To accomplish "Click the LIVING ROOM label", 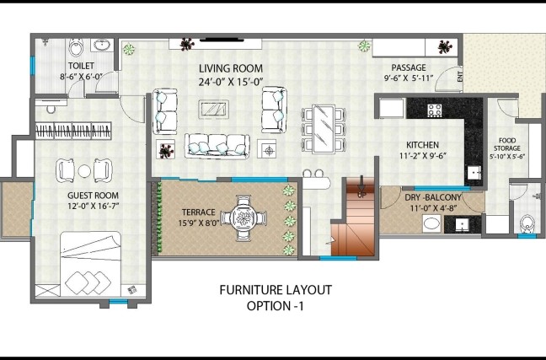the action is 231,68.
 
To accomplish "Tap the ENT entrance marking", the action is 460,77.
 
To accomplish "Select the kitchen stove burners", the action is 435,110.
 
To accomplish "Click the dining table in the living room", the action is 324,129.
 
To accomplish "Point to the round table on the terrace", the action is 244,218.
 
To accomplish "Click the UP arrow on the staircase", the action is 361,184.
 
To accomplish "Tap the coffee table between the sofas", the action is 214,109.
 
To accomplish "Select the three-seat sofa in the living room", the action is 217,146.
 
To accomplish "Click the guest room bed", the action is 90,265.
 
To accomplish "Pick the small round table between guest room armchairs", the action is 84,171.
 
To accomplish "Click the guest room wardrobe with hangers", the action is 73,131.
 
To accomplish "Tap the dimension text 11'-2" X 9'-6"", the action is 423,156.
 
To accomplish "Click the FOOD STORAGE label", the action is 507,144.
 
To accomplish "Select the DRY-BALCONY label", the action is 433,197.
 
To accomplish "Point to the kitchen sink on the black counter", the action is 474,172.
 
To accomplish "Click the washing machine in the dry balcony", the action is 431,223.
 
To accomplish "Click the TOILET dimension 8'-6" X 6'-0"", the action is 81,77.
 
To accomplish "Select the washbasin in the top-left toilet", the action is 102,45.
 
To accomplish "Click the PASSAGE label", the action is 409,67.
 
